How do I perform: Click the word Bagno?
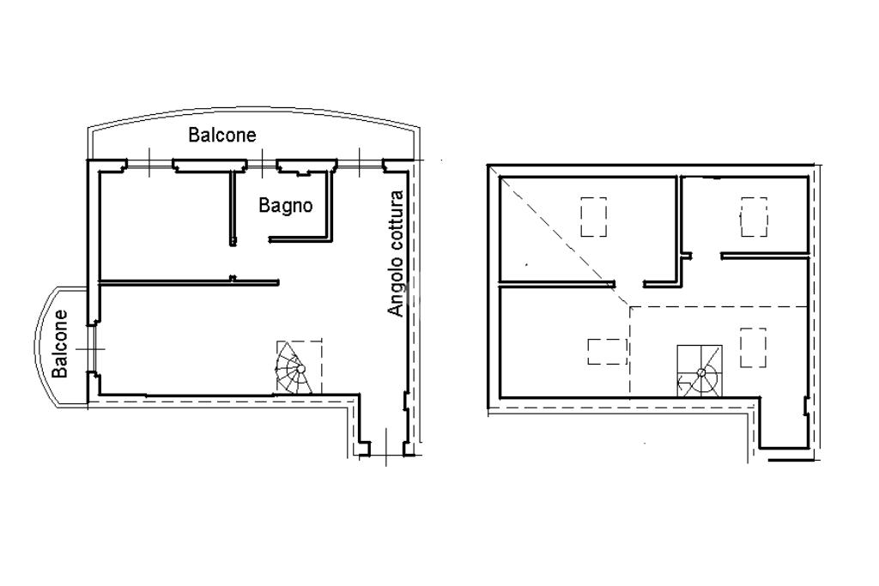[285, 206]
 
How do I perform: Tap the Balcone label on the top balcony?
[222, 135]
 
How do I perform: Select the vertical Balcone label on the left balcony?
[59, 344]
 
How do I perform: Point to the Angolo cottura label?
[396, 254]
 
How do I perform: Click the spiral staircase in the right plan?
[699, 372]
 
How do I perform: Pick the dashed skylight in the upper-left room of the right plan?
[593, 217]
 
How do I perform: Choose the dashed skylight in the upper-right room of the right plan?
[754, 217]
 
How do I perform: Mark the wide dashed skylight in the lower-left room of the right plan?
[607, 351]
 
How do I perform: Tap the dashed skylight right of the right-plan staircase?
[753, 347]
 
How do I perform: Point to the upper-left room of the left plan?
[166, 225]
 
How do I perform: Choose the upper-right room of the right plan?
[744, 215]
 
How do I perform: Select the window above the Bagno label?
[261, 164]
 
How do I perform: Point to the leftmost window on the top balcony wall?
[149, 164]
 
